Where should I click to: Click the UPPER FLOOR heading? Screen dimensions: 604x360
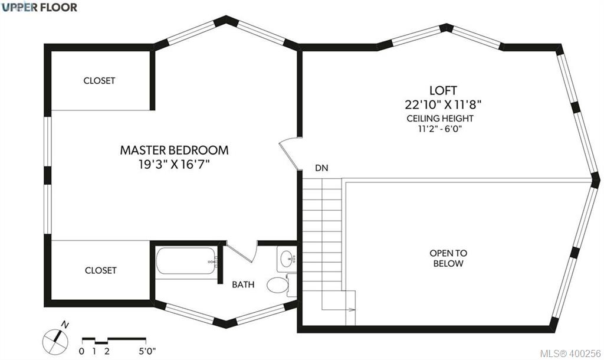click(x=39, y=7)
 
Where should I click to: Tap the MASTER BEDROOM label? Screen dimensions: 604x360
click(x=174, y=150)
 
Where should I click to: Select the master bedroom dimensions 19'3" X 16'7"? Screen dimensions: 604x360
click(x=174, y=165)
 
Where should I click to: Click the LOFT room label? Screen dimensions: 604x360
click(x=443, y=90)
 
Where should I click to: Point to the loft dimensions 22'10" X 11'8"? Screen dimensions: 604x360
click(x=443, y=104)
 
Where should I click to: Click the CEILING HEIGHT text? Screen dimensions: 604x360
click(x=440, y=119)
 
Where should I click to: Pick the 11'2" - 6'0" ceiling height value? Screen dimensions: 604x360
click(x=440, y=128)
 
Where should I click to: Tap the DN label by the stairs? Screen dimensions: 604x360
click(x=321, y=168)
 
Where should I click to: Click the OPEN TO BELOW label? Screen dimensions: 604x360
click(x=448, y=258)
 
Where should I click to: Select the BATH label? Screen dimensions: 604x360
click(x=243, y=284)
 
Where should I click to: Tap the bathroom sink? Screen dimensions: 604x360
click(x=287, y=259)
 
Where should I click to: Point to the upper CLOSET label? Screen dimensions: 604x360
click(x=99, y=80)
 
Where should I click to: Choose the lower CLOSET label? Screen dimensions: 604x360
click(x=100, y=270)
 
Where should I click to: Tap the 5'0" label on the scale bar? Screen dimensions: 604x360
click(x=147, y=351)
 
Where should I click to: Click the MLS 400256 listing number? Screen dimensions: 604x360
click(x=571, y=353)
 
